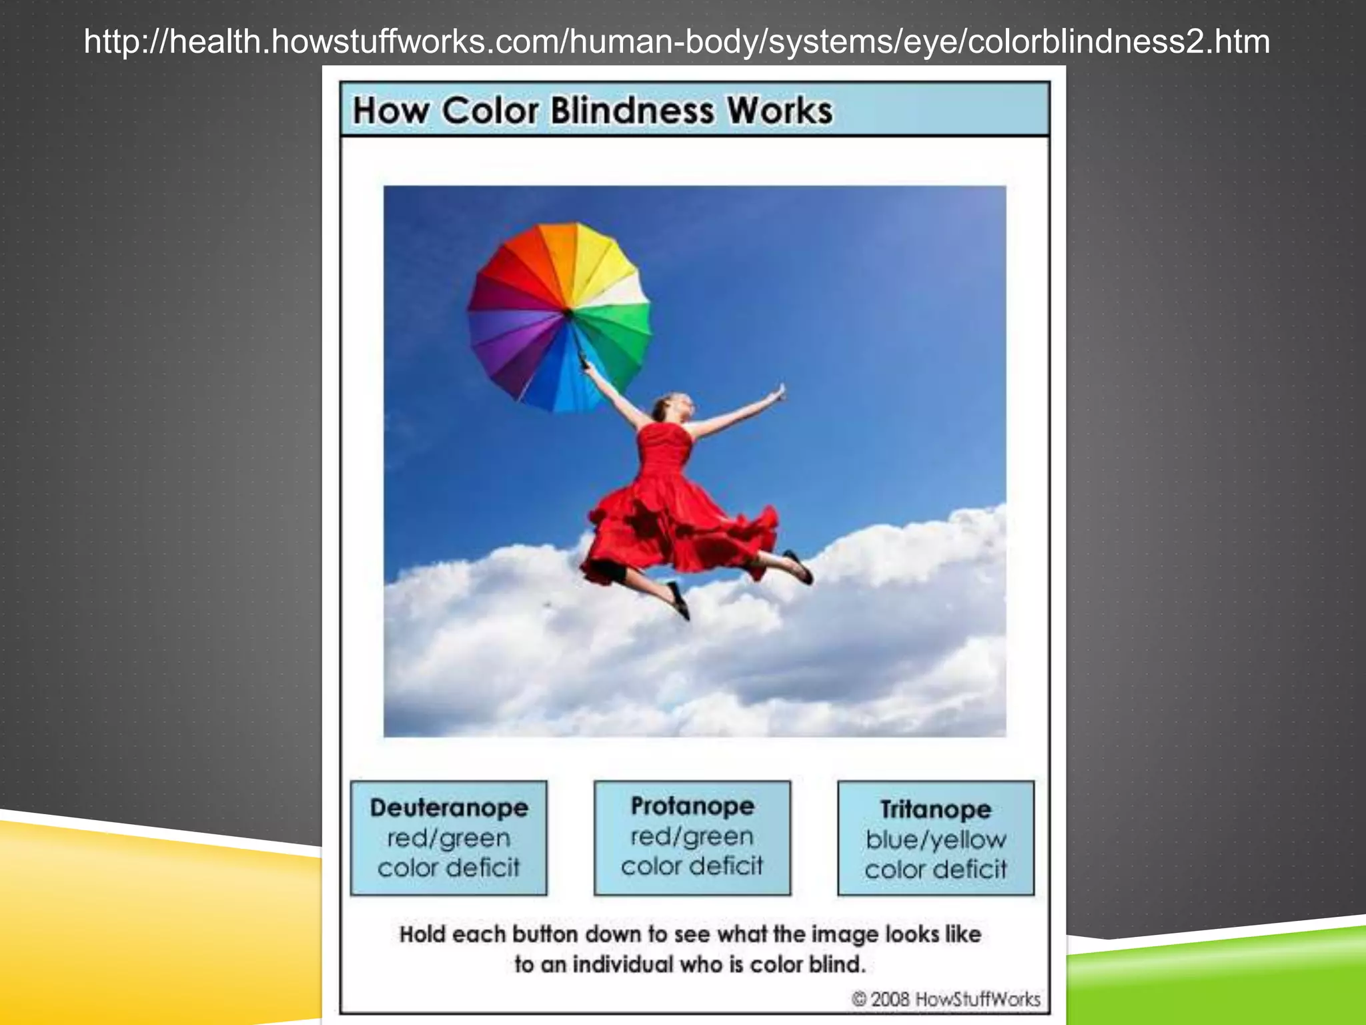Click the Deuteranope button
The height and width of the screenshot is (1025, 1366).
tap(448, 837)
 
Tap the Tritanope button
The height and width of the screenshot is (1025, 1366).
tap(935, 837)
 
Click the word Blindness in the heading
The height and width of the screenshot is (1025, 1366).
tap(632, 110)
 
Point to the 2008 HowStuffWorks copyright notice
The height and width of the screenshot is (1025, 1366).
tap(946, 999)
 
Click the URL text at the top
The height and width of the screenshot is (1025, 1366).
tap(676, 41)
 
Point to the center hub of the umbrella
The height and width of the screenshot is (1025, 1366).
tap(568, 312)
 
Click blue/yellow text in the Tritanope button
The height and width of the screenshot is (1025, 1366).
tap(935, 839)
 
